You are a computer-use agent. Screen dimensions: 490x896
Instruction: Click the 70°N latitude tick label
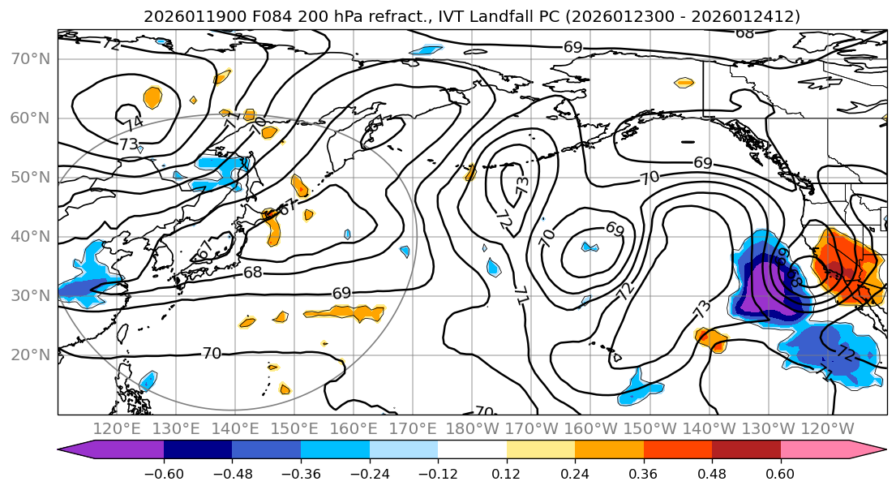tap(31, 58)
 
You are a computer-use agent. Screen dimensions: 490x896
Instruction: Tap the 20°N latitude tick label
tap(31, 355)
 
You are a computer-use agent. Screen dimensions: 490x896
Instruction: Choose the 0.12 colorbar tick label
tap(507, 472)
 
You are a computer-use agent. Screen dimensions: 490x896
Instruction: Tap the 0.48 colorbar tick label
tap(712, 472)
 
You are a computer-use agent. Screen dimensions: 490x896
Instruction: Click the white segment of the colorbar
tap(472, 450)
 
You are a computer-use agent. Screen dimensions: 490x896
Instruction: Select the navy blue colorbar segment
tap(198, 450)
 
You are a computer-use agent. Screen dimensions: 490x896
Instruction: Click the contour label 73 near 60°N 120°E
tap(128, 144)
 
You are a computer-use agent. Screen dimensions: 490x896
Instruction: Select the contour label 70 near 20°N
tap(212, 353)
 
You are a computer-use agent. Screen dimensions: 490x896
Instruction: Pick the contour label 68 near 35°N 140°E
tap(253, 273)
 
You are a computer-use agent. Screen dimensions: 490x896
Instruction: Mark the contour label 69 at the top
tap(572, 47)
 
